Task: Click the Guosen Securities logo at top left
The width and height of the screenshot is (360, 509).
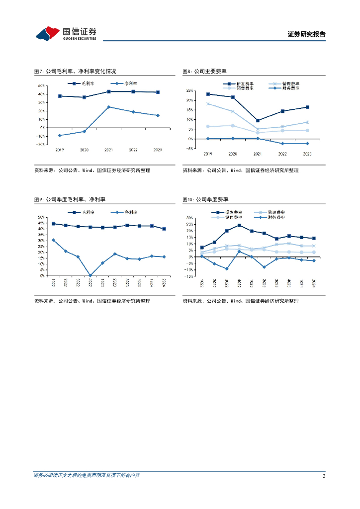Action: (66, 33)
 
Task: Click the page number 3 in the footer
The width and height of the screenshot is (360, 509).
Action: (324, 476)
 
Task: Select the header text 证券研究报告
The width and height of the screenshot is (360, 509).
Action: (307, 34)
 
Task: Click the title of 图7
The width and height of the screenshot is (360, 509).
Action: (75, 72)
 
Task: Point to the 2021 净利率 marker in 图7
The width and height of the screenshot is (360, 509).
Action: (109, 107)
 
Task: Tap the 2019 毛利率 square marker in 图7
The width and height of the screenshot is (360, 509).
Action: (60, 96)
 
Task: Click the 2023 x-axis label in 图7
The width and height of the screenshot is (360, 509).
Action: (158, 150)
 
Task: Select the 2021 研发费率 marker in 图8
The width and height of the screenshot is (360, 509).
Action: (258, 120)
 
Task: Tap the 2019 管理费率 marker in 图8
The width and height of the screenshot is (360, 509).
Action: (208, 104)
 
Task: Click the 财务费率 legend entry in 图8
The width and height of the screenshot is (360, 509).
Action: (286, 88)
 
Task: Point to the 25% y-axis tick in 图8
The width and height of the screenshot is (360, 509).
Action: (189, 91)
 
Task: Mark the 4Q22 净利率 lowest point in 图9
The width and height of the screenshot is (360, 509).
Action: (90, 275)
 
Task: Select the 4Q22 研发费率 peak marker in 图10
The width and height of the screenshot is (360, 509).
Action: (239, 225)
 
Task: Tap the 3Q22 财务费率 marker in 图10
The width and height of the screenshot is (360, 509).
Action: (227, 269)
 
